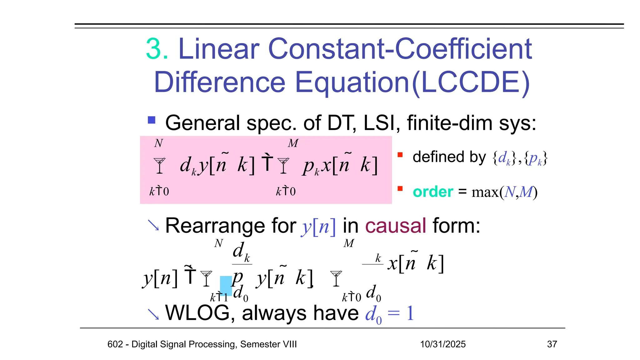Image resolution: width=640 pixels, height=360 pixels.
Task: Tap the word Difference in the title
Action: [220, 82]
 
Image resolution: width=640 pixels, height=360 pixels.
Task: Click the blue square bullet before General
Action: [152, 120]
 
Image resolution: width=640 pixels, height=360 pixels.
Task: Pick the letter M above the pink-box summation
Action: [293, 143]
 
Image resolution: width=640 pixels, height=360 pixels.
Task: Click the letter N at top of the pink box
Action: [158, 143]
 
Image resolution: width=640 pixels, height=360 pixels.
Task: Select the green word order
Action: [432, 192]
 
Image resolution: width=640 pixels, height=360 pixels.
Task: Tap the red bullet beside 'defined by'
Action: [400, 155]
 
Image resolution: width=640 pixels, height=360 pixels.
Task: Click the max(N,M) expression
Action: [504, 192]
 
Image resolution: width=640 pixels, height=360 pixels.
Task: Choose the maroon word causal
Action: [395, 226]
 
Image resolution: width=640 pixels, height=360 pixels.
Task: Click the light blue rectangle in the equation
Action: [226, 286]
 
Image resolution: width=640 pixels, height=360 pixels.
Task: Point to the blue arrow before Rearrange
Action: [153, 225]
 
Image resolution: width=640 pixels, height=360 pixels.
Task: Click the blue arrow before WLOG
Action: [153, 314]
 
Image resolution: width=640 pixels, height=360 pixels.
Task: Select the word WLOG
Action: [197, 313]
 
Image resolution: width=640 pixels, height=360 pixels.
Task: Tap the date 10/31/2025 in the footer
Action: [442, 344]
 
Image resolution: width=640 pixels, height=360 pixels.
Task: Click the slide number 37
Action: [552, 344]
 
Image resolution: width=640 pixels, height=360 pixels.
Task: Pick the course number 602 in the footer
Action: [115, 344]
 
